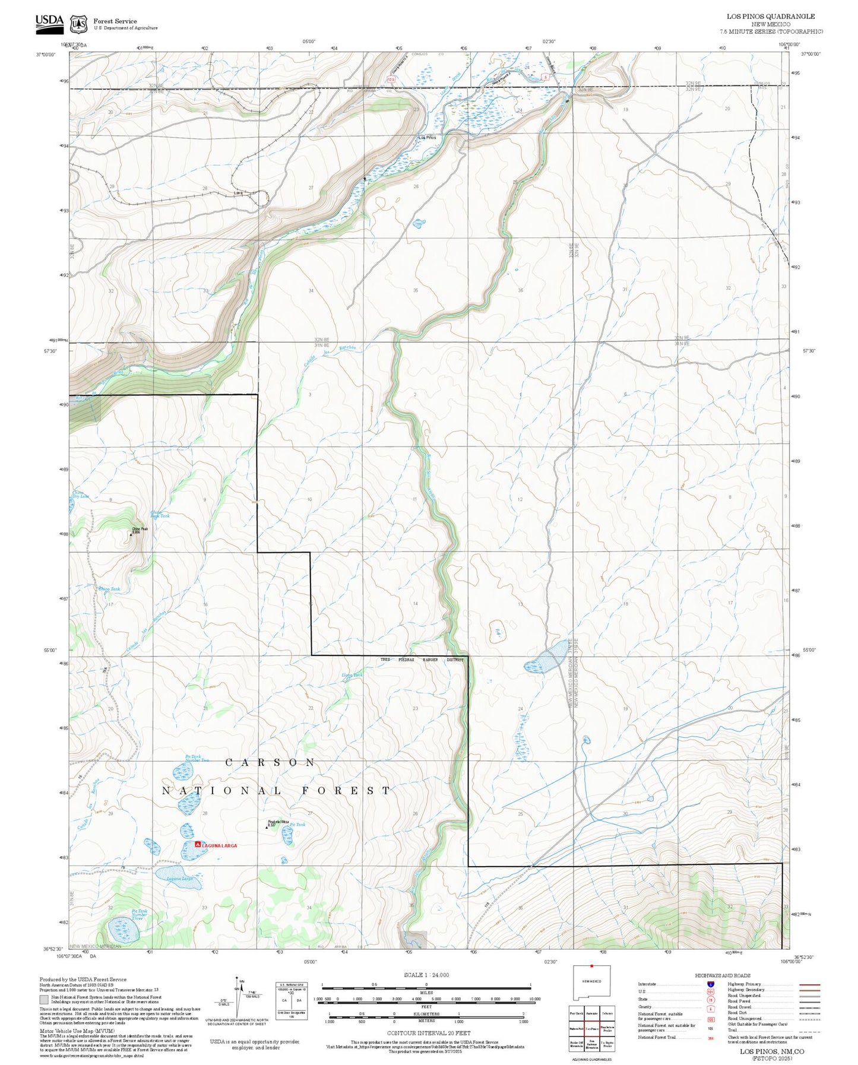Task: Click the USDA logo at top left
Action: (49, 21)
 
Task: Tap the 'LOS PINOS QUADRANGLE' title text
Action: (770, 17)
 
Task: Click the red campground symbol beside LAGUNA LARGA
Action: (198, 844)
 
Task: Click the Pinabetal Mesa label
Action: (277, 822)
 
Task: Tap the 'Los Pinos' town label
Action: (428, 138)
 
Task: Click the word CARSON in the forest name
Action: (270, 762)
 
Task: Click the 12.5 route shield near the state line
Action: (391, 79)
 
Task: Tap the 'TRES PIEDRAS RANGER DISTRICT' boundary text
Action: (422, 660)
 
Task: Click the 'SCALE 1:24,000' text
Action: (426, 975)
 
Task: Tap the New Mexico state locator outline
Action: (591, 983)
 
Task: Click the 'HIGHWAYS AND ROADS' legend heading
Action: (722, 975)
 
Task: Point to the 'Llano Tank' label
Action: (352, 675)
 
